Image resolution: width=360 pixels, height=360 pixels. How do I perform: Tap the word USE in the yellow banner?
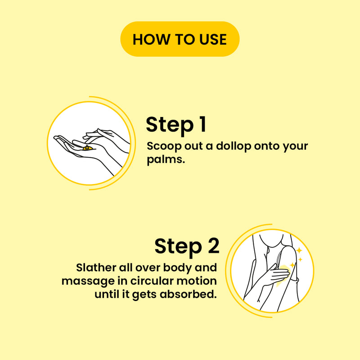(x=213, y=39)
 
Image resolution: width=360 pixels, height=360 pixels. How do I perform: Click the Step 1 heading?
(x=176, y=125)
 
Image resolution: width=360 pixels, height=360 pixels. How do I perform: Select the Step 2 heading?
(x=187, y=247)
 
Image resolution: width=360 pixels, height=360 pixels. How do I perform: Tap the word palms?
(x=166, y=159)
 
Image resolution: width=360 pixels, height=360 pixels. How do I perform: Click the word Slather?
(x=96, y=267)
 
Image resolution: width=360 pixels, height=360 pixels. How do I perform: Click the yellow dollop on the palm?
(x=88, y=148)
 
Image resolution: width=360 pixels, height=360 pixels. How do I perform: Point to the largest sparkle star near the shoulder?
(x=299, y=250)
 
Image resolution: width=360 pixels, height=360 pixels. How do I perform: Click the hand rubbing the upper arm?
(x=277, y=274)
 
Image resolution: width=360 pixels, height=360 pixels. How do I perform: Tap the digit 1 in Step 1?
(x=202, y=124)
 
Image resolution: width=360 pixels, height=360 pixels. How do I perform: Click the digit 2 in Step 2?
(x=213, y=245)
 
